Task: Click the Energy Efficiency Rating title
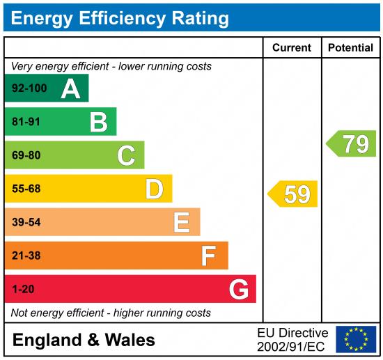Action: coord(120,17)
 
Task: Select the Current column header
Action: coord(291,48)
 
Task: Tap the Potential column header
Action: coord(350,48)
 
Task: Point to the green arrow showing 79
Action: coord(352,143)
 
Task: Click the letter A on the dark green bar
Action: coord(70,88)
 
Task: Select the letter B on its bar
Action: coord(99,122)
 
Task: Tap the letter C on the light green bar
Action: coord(126,155)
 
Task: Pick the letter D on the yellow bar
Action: coord(154,189)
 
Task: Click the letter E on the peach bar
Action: coord(181,222)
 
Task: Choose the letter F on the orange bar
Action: coord(208,256)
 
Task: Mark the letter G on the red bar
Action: coord(238,289)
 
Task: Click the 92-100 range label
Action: coord(28,88)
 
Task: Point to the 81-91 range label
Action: coord(27,122)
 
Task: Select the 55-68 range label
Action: coord(27,189)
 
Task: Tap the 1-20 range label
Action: coord(23,289)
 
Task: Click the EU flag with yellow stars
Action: coord(356,339)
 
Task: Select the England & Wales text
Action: coord(84,340)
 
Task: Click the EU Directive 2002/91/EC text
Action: coord(292,339)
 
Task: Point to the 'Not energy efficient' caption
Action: coord(111,313)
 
